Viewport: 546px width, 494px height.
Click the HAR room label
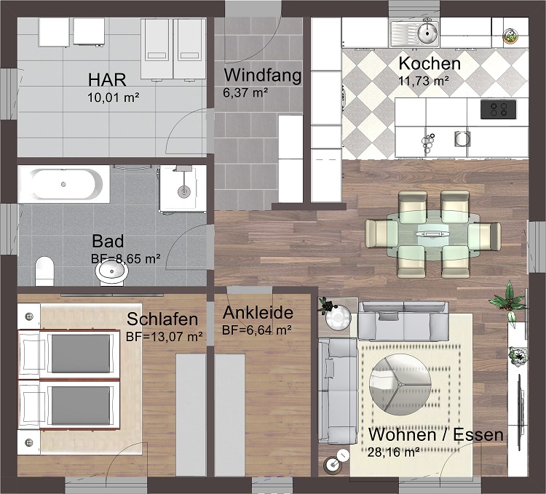pyautogui.click(x=107, y=80)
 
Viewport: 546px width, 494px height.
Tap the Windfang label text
pyautogui.click(x=263, y=75)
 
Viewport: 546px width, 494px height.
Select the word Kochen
pyautogui.click(x=430, y=63)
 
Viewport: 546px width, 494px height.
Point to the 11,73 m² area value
pyautogui.click(x=424, y=81)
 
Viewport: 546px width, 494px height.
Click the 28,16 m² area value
pyautogui.click(x=393, y=453)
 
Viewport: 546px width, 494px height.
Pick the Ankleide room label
pyautogui.click(x=258, y=313)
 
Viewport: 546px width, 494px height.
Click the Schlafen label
pyautogui.click(x=162, y=319)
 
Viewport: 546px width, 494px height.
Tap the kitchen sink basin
pyautogui.click(x=427, y=33)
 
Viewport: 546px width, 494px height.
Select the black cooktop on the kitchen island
pyautogui.click(x=498, y=109)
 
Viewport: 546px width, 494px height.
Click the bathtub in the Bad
pyautogui.click(x=64, y=184)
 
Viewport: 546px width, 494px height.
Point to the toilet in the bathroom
pyautogui.click(x=44, y=271)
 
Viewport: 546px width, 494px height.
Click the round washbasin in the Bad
pyautogui.click(x=112, y=271)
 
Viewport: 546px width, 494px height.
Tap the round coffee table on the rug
pyautogui.click(x=400, y=384)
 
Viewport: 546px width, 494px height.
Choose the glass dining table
pyautogui.click(x=433, y=235)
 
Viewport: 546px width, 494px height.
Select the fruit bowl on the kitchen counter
pyautogui.click(x=510, y=36)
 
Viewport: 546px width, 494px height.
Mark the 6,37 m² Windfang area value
pyautogui.click(x=245, y=92)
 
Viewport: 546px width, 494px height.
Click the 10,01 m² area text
pyautogui.click(x=113, y=97)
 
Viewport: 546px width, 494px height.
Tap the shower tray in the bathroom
pyautogui.click(x=183, y=189)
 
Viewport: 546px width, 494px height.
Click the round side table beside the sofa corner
pyautogui.click(x=338, y=318)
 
